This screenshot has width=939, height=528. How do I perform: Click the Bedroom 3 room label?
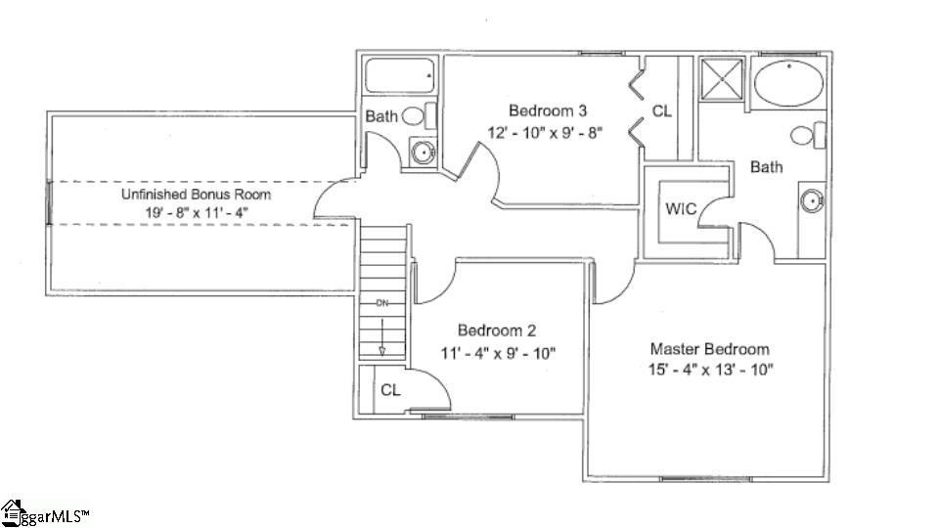(x=547, y=110)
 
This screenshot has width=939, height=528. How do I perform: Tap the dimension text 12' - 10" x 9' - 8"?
(x=547, y=132)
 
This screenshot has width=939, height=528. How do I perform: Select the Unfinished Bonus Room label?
(x=196, y=195)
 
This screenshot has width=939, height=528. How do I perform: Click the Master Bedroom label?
(x=710, y=349)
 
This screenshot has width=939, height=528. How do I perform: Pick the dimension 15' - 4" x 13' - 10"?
(x=710, y=370)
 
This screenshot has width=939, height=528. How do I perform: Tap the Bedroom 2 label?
(x=496, y=330)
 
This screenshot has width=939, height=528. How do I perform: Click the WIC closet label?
(x=680, y=208)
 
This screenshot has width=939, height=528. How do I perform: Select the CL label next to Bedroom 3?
(x=662, y=111)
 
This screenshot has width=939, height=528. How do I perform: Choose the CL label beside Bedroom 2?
(x=390, y=389)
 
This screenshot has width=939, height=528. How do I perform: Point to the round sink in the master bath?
(x=811, y=201)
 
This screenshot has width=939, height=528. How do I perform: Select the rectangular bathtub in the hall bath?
(x=399, y=75)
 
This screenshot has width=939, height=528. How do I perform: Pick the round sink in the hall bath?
(x=423, y=151)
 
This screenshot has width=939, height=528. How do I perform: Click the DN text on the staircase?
(x=382, y=303)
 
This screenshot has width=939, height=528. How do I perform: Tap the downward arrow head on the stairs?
(x=382, y=350)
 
